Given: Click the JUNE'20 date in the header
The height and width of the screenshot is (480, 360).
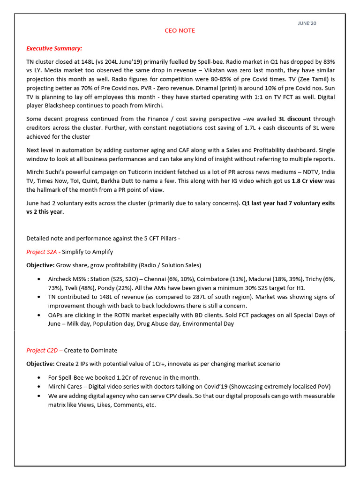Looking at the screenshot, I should (x=307, y=23).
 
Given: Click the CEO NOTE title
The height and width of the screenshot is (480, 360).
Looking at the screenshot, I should (x=180, y=31).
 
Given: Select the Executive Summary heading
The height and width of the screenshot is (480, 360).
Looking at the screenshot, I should (x=54, y=48).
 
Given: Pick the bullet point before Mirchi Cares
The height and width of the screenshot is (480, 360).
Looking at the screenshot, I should (x=38, y=387).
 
